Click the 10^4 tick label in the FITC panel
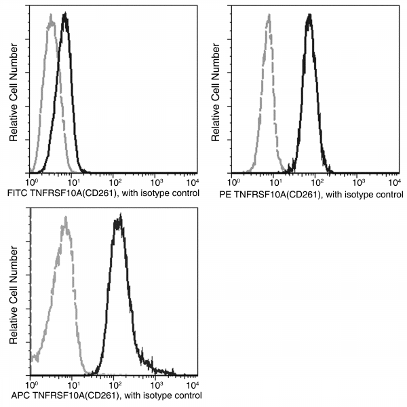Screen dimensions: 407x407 [x=193, y=182]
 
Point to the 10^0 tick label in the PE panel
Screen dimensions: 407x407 [x=233, y=182]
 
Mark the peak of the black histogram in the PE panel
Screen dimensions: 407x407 [x=309, y=15]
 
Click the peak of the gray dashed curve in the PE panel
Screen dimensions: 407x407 [x=268, y=16]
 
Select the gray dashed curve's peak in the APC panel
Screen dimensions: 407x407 [x=64, y=218]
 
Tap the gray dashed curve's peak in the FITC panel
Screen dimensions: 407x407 [x=51, y=22]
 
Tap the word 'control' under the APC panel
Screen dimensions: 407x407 [x=183, y=395]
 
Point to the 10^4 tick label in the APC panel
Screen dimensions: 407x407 [x=193, y=384]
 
